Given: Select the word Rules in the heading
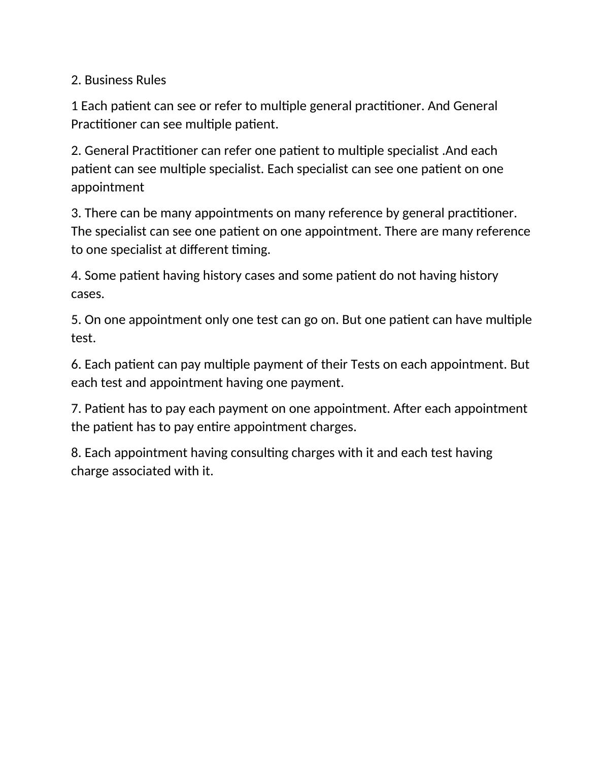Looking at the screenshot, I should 151,80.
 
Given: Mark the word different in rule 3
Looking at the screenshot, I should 204,250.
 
